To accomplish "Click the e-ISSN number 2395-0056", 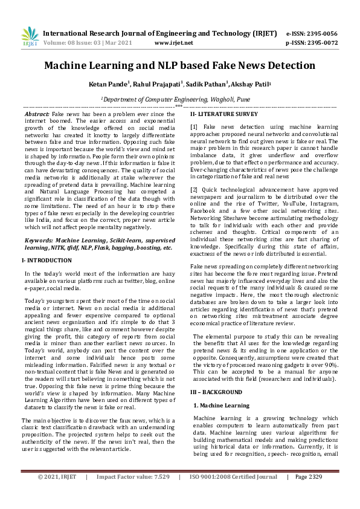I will (324, 33).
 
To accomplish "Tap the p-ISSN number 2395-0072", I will (324, 43).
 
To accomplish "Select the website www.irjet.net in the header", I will (173, 43).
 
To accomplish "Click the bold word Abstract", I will (36, 114).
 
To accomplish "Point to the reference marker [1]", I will (194, 126).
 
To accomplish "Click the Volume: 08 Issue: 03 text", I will (72, 43).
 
